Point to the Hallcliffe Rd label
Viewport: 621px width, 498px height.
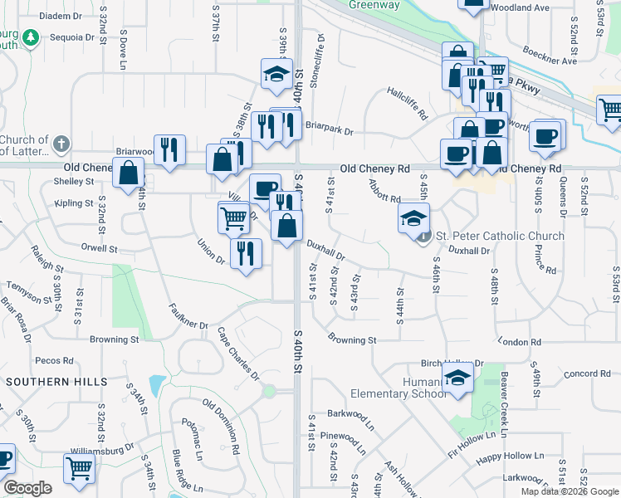pyautogui.click(x=407, y=102)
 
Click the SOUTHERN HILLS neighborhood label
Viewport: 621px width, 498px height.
pyautogui.click(x=56, y=382)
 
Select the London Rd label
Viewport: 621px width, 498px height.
pyautogui.click(x=521, y=342)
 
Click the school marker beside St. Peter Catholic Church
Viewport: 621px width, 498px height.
pyautogui.click(x=413, y=217)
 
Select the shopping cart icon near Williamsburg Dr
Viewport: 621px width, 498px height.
pyautogui.click(x=79, y=468)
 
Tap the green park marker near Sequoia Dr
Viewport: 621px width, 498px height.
pyautogui.click(x=31, y=38)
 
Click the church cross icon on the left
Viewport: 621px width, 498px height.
pyautogui.click(x=60, y=145)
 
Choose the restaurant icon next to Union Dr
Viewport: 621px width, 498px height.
pyautogui.click(x=246, y=252)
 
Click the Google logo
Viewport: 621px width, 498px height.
pyautogui.click(x=27, y=488)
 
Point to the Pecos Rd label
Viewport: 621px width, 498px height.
pyautogui.click(x=55, y=361)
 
